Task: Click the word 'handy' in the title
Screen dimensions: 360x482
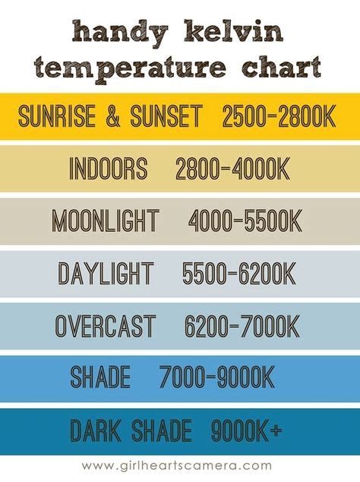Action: pyautogui.click(x=121, y=32)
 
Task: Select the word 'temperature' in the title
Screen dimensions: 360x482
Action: pyautogui.click(x=130, y=69)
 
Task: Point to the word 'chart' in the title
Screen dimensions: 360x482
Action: pyautogui.click(x=281, y=66)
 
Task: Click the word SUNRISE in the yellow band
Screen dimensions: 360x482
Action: pyautogui.click(x=57, y=116)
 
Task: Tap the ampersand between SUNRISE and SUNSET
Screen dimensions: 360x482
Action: pyautogui.click(x=113, y=116)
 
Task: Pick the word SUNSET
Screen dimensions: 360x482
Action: pyautogui.click(x=166, y=116)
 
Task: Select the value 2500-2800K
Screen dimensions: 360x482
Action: pyautogui.click(x=279, y=116)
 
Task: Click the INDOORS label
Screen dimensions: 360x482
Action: pyautogui.click(x=108, y=168)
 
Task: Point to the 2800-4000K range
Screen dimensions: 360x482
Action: pyautogui.click(x=232, y=169)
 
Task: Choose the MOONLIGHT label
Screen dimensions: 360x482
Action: pyautogui.click(x=106, y=220)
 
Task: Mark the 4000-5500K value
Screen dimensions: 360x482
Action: pyautogui.click(x=245, y=220)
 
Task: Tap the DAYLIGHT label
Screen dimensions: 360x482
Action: pyautogui.click(x=106, y=273)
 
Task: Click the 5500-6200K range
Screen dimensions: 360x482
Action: pyautogui.click(x=239, y=273)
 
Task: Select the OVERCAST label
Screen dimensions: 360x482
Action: pyautogui.click(x=106, y=326)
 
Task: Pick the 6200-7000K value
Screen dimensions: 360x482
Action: pyautogui.click(x=242, y=326)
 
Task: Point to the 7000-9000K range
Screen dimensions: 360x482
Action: pyautogui.click(x=217, y=377)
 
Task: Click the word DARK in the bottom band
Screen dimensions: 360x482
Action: pyautogui.click(x=96, y=430)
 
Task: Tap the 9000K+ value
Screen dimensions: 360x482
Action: pyautogui.click(x=246, y=430)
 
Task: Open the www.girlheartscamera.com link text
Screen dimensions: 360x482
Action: pyautogui.click(x=177, y=465)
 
